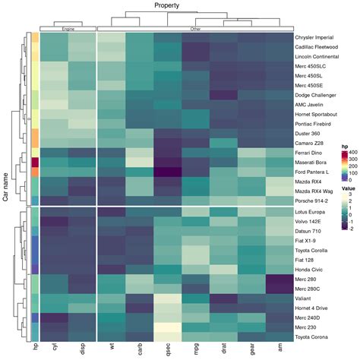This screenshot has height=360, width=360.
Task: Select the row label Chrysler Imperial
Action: (314, 36)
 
